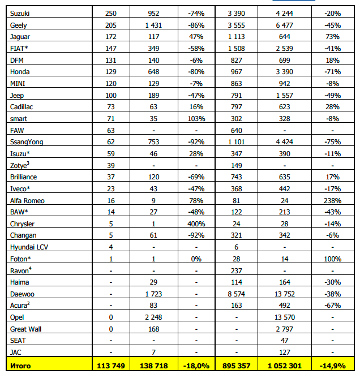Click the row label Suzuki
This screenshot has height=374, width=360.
coord(20,13)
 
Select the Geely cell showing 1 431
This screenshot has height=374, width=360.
coord(153,25)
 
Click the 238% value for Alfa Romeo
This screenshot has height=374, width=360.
coord(328,200)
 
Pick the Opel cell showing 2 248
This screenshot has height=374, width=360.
coord(153,317)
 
